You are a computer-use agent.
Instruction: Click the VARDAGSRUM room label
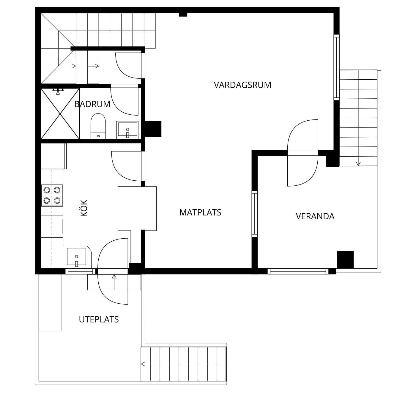point(242,85)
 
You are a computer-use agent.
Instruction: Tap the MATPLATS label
point(200,212)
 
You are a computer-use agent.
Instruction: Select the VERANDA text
point(315,216)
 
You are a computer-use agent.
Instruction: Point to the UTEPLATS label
point(99,319)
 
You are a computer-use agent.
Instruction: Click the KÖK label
point(84,208)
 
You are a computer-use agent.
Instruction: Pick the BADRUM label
point(92,104)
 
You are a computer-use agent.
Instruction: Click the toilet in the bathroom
point(98,126)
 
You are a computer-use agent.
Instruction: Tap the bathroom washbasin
point(127,130)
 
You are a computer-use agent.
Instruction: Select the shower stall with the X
point(60,114)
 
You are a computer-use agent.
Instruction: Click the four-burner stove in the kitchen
point(52,195)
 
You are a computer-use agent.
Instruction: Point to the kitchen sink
point(76,257)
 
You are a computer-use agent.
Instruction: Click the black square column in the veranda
point(345,259)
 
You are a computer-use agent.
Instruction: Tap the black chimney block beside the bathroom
point(153,129)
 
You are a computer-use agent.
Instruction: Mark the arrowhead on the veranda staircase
point(358,163)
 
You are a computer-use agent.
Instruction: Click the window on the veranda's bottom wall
point(298,271)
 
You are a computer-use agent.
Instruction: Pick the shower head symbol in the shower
point(58,92)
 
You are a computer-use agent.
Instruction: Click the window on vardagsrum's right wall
point(336,67)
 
